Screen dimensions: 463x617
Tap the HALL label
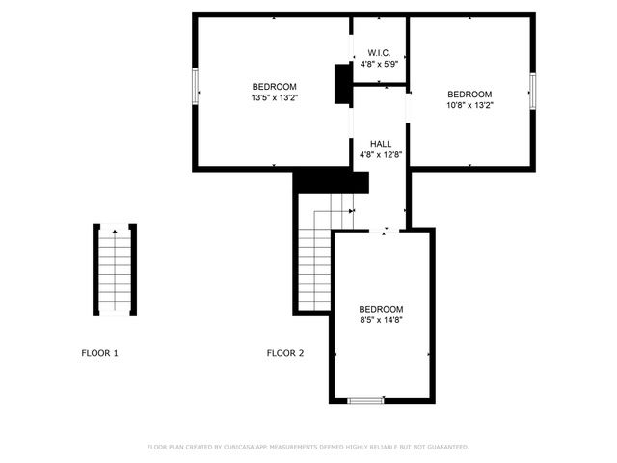click(x=381, y=143)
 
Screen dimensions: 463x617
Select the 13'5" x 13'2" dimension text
click(x=275, y=97)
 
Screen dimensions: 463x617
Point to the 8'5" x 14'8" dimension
click(x=381, y=319)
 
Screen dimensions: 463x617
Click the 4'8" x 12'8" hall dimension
click(x=381, y=153)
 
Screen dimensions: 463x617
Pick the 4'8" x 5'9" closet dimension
click(x=380, y=65)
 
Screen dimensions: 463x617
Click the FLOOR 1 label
click(x=99, y=353)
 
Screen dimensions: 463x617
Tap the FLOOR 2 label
click(x=285, y=353)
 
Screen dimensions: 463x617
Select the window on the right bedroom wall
click(x=531, y=90)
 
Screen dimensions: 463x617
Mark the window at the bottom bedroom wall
click(x=366, y=400)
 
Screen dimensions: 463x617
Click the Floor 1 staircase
click(x=115, y=271)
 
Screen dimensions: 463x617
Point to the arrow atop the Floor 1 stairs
click(x=115, y=231)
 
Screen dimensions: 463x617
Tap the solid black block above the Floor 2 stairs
click(x=331, y=181)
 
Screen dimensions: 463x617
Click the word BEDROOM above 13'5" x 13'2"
click(x=275, y=86)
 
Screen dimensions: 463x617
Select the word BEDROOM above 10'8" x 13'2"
click(x=469, y=94)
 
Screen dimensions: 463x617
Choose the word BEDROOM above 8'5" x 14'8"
click(x=381, y=308)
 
